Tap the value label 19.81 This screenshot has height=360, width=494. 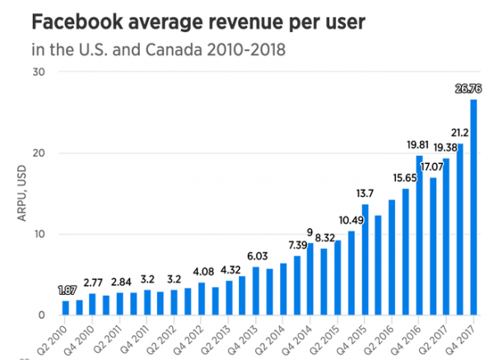click(x=419, y=146)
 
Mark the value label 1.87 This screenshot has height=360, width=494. click(x=66, y=291)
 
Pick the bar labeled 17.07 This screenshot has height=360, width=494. click(x=433, y=246)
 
